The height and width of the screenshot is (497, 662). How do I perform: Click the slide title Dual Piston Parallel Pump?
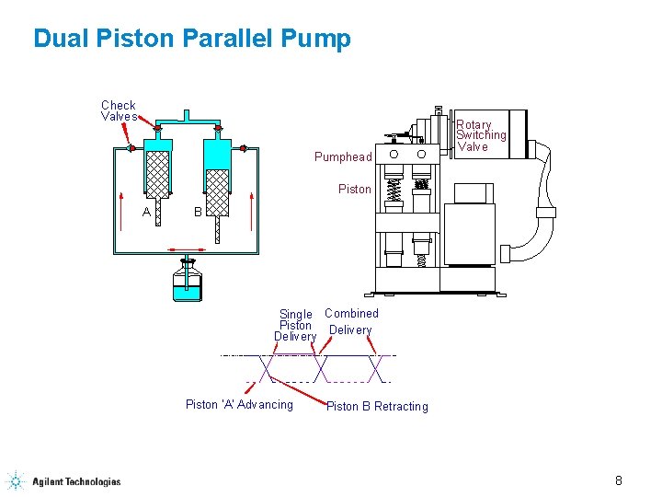pyautogui.click(x=191, y=39)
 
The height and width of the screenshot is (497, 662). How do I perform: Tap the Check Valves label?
pyautogui.click(x=119, y=111)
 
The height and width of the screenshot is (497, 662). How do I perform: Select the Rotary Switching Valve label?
pyautogui.click(x=480, y=135)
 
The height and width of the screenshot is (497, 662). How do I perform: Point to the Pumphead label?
pyautogui.click(x=343, y=156)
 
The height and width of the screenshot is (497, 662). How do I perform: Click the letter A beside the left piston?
pyautogui.click(x=147, y=213)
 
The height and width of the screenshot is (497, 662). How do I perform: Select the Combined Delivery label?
pyautogui.click(x=350, y=321)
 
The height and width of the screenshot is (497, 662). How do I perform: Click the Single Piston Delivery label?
pyautogui.click(x=295, y=325)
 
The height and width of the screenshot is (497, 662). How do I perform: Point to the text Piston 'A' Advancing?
pyautogui.click(x=239, y=404)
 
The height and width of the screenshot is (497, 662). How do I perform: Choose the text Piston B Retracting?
pyautogui.click(x=377, y=406)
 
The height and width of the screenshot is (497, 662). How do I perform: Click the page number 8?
pyautogui.click(x=619, y=480)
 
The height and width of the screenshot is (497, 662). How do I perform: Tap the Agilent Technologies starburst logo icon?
pyautogui.click(x=16, y=480)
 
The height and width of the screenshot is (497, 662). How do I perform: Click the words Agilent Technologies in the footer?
pyautogui.click(x=76, y=481)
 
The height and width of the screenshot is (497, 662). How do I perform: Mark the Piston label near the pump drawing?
pyautogui.click(x=355, y=190)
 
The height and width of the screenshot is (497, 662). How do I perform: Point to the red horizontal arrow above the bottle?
pyautogui.click(x=187, y=249)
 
